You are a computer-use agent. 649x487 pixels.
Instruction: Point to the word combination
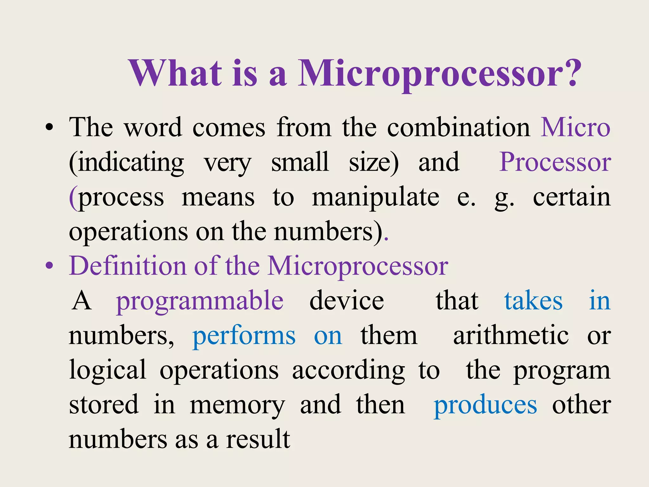[x=459, y=127]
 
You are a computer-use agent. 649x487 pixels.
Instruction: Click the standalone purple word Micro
[x=575, y=127]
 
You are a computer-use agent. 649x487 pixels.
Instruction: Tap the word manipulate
[x=376, y=197]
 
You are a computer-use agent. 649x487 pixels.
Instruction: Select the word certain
[x=572, y=197]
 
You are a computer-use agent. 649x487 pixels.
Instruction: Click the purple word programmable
[x=200, y=301]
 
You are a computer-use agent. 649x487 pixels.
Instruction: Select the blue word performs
[x=244, y=336]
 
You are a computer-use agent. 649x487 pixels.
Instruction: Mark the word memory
[x=237, y=406]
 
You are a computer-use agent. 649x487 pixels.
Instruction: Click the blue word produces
[x=485, y=406]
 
